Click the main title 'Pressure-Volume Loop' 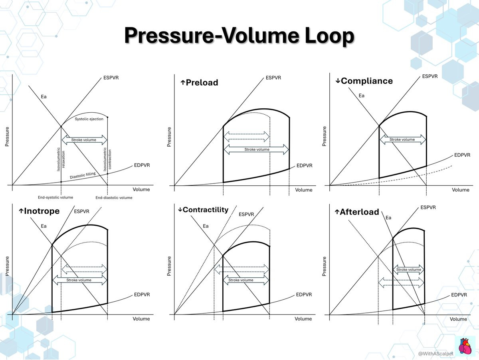[239, 36]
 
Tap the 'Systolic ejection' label [89, 119]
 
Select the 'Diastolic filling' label [83, 175]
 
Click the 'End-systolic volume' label [55, 197]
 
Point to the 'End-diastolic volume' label [114, 198]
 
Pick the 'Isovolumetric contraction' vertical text [107, 159]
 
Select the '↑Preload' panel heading [199, 83]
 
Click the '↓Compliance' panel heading [364, 81]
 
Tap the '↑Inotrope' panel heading [39, 211]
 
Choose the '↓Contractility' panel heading [203, 210]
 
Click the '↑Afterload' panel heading [357, 212]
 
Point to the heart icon [465, 346]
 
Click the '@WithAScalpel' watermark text [435, 354]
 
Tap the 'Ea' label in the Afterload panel [388, 218]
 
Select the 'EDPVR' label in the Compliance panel [462, 155]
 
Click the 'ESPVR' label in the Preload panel [273, 78]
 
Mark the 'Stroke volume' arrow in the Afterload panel [408, 270]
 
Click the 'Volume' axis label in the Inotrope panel [141, 319]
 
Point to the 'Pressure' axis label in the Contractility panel [169, 266]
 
